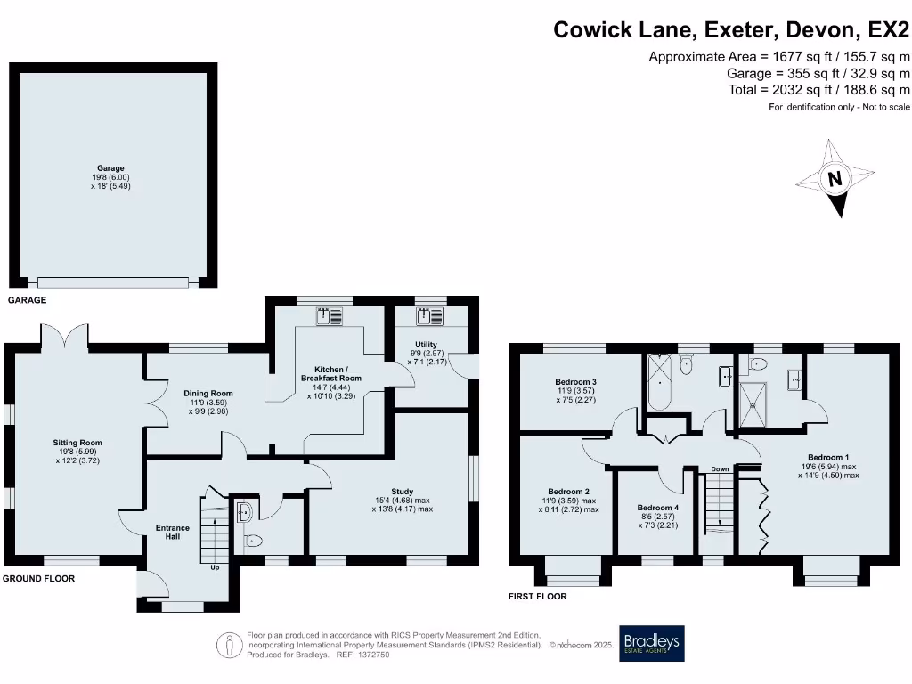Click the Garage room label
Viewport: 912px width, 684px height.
tap(111, 167)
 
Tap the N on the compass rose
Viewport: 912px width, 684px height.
tap(835, 179)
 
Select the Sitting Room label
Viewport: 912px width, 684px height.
tap(78, 443)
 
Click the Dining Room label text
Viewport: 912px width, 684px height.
tap(208, 393)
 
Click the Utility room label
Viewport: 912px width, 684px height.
tap(426, 344)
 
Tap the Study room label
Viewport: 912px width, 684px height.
tap(402, 491)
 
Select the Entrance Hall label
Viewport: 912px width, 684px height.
tap(173, 533)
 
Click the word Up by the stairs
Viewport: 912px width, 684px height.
tap(215, 566)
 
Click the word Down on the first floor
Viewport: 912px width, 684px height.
tap(720, 468)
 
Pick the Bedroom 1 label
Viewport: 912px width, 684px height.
tap(827, 458)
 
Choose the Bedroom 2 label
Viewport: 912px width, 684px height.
tap(568, 492)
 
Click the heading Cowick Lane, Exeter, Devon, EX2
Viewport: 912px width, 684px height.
tap(731, 29)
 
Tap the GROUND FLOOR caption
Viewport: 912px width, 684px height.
tap(38, 578)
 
